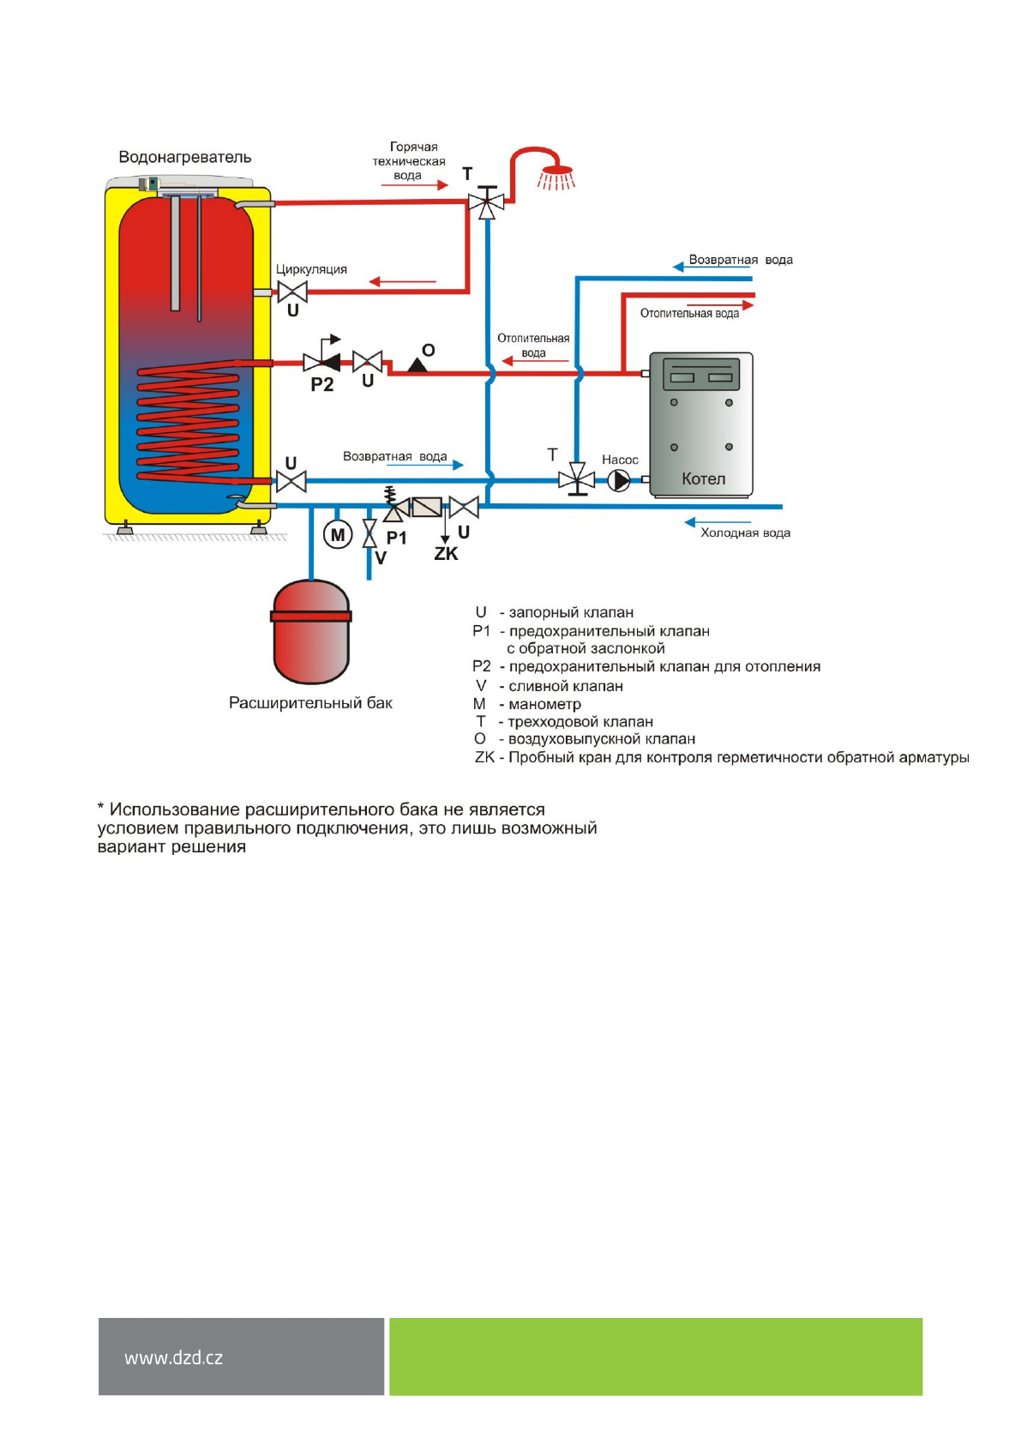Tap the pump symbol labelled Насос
pos(619,480)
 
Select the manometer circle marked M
pos(338,535)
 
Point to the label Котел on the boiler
pos(703,479)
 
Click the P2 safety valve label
pos(321,385)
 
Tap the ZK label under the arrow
pos(446,554)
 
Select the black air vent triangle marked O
pos(417,365)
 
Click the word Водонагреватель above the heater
pos(185,157)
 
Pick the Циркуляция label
pos(311,269)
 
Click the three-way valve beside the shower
pos(486,203)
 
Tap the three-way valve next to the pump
pos(577,479)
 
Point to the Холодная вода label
pos(745,532)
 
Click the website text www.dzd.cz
pos(173,1357)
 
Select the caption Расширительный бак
pos(310,703)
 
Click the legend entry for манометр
pos(544,704)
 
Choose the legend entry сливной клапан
pos(565,686)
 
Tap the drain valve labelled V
pos(369,533)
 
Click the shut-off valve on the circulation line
pos(292,292)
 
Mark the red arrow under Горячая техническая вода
pos(415,184)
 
